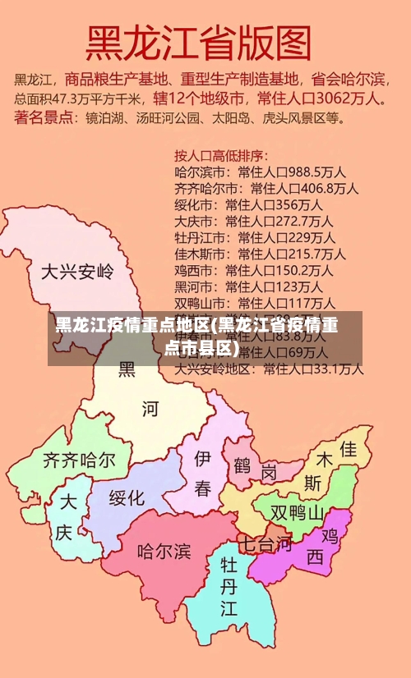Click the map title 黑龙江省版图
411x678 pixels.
pos(199,44)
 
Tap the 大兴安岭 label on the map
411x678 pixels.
pos(77,271)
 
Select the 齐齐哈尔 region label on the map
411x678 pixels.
pos(79,460)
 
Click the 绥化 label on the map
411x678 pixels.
pos(127,497)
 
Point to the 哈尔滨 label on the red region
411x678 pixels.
pos(164,550)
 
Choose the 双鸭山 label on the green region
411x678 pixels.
pos(297,513)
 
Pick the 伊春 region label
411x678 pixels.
pos(202,472)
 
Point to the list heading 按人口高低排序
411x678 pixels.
pos(221,155)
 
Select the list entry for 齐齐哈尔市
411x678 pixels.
pos(201,188)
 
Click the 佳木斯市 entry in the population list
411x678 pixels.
pos(201,254)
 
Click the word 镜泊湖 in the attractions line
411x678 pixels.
pos(105,118)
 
